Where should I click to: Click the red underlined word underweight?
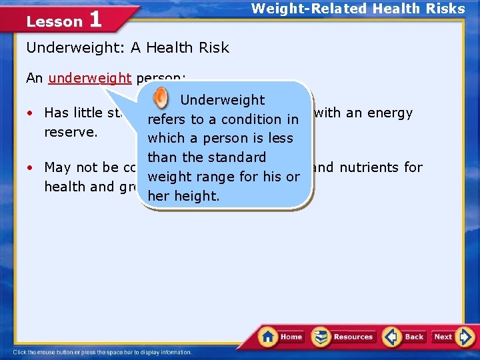(x=90, y=78)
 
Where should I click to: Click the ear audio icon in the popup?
(x=161, y=99)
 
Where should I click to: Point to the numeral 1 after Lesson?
(x=95, y=19)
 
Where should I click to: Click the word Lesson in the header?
(x=54, y=21)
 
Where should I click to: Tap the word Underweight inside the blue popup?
(x=223, y=100)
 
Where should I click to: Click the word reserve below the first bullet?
(x=71, y=132)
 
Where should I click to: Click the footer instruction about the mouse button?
(x=102, y=352)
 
